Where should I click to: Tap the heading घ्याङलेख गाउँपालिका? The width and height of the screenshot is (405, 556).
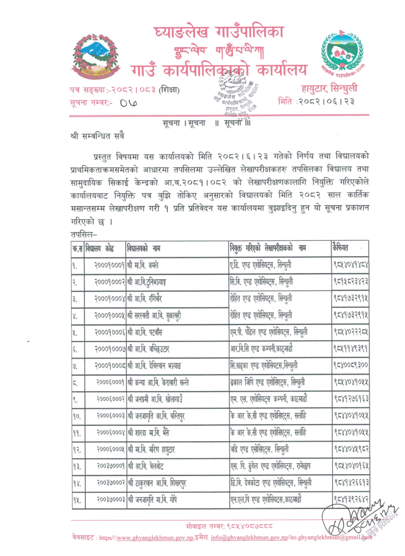220,26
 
